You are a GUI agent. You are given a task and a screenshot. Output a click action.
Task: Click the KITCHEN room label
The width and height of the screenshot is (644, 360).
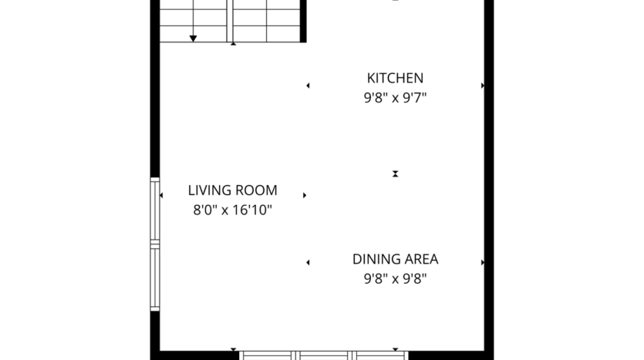395,78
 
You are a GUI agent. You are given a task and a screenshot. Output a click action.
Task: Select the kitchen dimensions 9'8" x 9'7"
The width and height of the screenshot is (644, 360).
395,98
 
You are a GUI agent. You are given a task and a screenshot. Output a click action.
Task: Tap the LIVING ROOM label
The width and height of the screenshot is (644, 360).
232,190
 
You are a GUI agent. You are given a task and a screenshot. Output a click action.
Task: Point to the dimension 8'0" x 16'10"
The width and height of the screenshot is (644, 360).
232,210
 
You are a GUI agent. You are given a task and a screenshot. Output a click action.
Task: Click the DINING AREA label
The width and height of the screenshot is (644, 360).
395,259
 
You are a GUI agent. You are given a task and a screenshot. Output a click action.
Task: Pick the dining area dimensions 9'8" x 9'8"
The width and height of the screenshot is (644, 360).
395,279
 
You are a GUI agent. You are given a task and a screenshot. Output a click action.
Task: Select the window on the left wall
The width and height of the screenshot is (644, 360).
155,244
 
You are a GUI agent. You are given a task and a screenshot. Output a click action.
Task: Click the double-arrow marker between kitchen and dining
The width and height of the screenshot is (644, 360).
395,174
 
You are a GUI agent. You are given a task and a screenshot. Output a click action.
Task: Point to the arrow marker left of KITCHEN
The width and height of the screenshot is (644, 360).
308,86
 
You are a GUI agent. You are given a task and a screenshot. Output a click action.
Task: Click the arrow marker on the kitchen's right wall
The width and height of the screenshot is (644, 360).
483,86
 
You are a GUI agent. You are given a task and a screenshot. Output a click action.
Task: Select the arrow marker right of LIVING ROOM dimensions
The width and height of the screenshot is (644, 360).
305,195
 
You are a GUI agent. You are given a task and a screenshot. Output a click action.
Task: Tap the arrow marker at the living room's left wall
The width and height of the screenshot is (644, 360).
161,195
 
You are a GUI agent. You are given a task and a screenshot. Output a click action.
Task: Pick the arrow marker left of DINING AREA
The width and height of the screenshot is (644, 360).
308,262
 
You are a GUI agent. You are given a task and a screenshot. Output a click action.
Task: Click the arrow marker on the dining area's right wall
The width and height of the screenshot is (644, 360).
483,262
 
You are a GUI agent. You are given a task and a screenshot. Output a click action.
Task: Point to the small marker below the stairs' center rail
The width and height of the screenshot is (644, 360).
233,44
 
